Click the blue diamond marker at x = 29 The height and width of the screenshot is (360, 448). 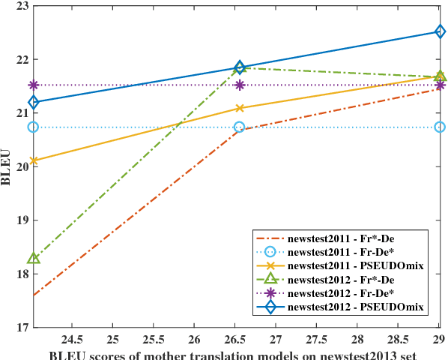[x=440, y=31]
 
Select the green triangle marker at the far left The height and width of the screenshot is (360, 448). [x=34, y=258]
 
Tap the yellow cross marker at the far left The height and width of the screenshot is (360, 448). [x=34, y=160]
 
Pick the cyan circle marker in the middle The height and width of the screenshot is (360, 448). [x=240, y=127]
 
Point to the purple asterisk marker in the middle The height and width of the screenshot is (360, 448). [x=240, y=85]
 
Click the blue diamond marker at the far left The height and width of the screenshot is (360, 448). [x=34, y=102]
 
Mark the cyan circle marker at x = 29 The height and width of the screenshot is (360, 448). [x=440, y=127]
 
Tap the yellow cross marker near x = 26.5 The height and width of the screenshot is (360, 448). [x=240, y=108]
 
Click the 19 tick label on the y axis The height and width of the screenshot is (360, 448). [x=19, y=220]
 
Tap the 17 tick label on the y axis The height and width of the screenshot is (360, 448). [x=19, y=328]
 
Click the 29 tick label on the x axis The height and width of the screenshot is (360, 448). [x=440, y=338]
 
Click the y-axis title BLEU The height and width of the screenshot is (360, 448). [x=7, y=166]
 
